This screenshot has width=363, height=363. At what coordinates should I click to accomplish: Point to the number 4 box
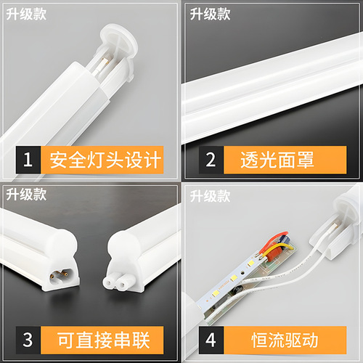point(211,340)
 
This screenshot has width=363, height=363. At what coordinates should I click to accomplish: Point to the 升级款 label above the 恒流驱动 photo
point(209,195)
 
